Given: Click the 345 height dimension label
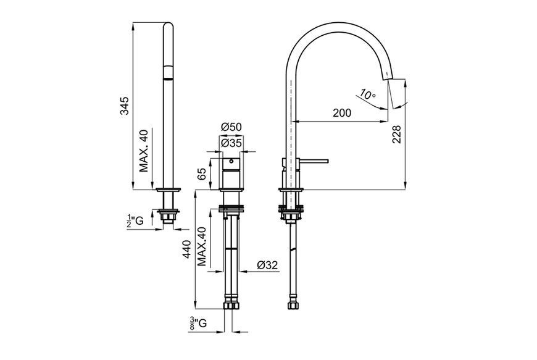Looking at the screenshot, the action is (x=124, y=106).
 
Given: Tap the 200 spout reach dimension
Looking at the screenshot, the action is (x=342, y=112).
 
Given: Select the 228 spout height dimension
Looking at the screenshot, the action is (x=396, y=134).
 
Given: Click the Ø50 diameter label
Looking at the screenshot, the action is (x=231, y=127).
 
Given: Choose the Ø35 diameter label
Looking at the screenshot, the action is (x=231, y=143).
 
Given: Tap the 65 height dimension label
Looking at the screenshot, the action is (x=202, y=174).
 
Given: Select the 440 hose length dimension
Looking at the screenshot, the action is (x=186, y=249).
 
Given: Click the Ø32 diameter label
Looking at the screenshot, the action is (x=267, y=265).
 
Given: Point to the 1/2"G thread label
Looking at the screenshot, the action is (x=135, y=221).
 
